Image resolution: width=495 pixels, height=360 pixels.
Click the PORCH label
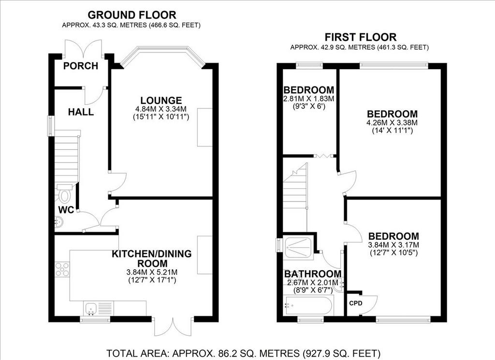tap(81, 66)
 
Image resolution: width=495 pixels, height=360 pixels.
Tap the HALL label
tap(81, 112)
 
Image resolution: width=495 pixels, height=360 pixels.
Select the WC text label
tap(66, 210)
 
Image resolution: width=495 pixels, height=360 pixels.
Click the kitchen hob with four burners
tap(62, 270)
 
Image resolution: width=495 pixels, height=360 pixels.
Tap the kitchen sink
tap(91, 308)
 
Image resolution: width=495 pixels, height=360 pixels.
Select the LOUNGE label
tap(161, 101)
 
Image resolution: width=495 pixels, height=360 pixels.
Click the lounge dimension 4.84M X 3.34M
tap(161, 109)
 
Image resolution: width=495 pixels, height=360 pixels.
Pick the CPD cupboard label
tap(356, 303)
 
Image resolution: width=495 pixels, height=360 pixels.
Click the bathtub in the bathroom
tap(308, 305)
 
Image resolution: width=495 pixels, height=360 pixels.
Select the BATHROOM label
tap(313, 274)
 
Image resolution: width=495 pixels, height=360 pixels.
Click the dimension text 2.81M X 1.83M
tap(308, 99)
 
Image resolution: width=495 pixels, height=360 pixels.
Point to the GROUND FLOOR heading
tap(131, 15)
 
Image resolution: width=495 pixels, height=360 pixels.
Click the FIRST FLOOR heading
tap(361, 37)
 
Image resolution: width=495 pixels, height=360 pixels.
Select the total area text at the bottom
tap(244, 353)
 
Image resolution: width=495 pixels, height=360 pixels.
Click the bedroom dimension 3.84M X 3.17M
tap(393, 245)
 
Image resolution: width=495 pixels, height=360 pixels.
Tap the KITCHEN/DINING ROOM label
tap(152, 259)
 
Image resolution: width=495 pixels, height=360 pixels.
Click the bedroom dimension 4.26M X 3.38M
tap(392, 123)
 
